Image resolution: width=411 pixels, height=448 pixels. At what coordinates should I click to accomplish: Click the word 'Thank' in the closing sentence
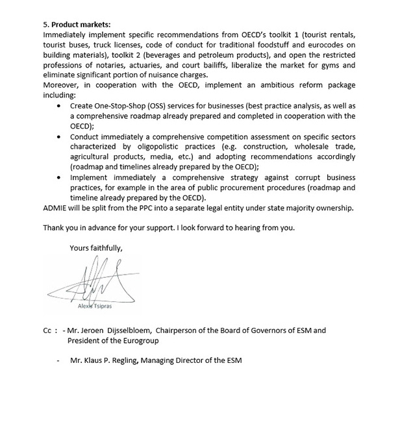(x=55, y=228)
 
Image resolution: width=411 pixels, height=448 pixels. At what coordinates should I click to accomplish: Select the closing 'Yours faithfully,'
(x=96, y=247)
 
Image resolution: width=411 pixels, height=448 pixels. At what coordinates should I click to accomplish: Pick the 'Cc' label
(x=47, y=330)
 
